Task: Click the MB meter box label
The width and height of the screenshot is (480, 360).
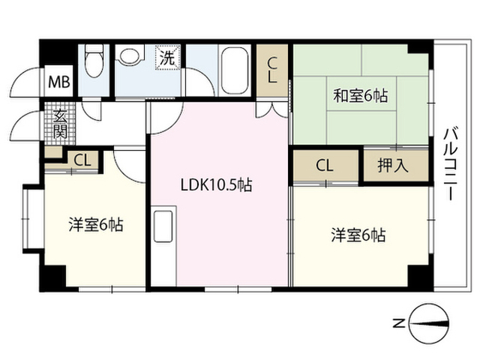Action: pyautogui.click(x=59, y=82)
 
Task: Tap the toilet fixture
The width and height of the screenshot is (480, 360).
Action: pyautogui.click(x=94, y=61)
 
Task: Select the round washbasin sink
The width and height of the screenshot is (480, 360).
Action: pyautogui.click(x=128, y=57)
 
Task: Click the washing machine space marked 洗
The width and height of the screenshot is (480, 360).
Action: pyautogui.click(x=167, y=57)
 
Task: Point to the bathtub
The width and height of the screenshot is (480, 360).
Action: pyautogui.click(x=235, y=70)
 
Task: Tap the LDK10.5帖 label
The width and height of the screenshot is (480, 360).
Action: pyautogui.click(x=217, y=185)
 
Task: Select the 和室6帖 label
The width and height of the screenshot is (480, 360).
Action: pyautogui.click(x=361, y=95)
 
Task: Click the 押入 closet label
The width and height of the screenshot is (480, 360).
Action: pyautogui.click(x=393, y=166)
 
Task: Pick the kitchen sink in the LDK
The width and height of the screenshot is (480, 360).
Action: pyautogui.click(x=163, y=226)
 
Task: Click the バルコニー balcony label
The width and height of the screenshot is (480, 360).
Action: pyautogui.click(x=451, y=163)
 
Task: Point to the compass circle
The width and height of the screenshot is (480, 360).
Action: pyautogui.click(x=428, y=323)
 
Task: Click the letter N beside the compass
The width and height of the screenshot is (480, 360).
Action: pyautogui.click(x=398, y=323)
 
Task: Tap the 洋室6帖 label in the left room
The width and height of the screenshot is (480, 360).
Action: pyautogui.click(x=96, y=224)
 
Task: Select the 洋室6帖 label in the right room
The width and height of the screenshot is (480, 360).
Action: pyautogui.click(x=358, y=235)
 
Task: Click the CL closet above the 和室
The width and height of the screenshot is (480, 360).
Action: pyautogui.click(x=272, y=70)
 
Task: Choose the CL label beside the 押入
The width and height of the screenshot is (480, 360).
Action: pyautogui.click(x=325, y=166)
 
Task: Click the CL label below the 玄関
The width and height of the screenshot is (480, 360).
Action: pyautogui.click(x=82, y=160)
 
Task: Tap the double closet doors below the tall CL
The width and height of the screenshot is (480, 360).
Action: pyautogui.click(x=272, y=109)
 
